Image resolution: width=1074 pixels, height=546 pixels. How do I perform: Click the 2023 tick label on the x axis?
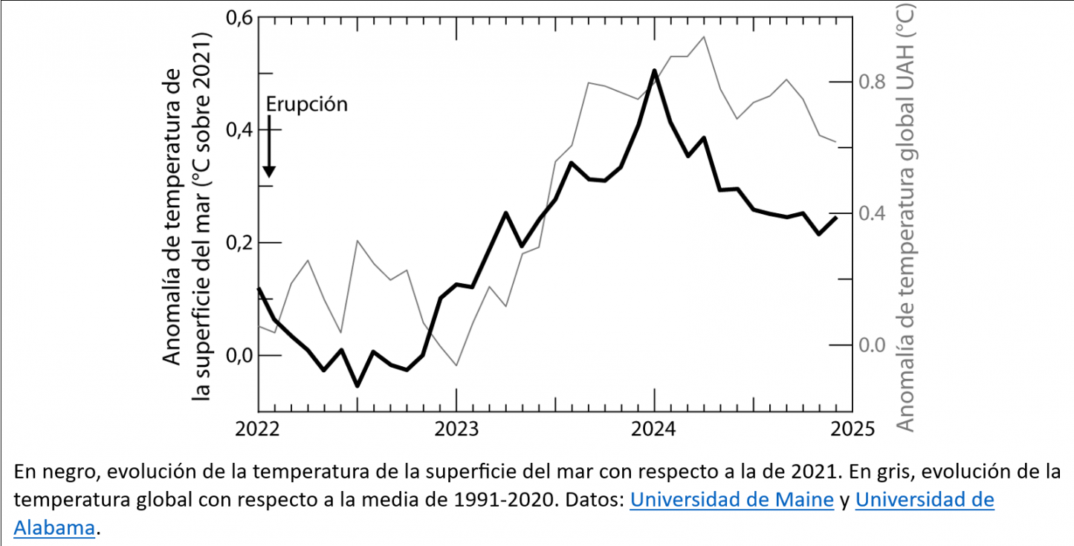[456, 429]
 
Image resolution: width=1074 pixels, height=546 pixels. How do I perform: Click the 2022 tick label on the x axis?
[258, 429]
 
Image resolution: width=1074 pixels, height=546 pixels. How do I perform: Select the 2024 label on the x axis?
[654, 429]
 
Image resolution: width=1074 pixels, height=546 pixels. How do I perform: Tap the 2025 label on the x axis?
[852, 429]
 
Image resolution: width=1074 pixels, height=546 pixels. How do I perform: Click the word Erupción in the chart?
[306, 104]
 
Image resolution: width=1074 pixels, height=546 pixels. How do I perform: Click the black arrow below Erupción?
[269, 152]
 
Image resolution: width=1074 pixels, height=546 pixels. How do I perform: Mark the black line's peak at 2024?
[654, 71]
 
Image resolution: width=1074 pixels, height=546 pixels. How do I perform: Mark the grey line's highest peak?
[703, 36]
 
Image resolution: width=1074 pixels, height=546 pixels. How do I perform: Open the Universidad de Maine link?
[731, 500]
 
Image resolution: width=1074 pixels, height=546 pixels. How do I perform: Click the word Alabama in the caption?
[54, 528]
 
